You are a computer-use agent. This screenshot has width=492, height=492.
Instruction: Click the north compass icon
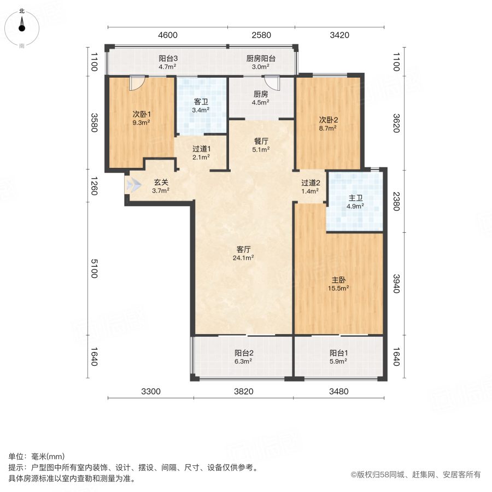pyautogui.click(x=22, y=26)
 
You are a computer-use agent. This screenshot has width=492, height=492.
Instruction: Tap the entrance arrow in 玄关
pyautogui.click(x=133, y=186)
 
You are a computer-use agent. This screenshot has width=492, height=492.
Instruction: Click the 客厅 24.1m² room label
pyautogui.click(x=244, y=253)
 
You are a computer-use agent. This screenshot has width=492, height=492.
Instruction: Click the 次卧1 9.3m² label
pyautogui.click(x=141, y=118)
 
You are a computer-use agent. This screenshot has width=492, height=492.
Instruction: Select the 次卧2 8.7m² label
pyautogui.click(x=327, y=124)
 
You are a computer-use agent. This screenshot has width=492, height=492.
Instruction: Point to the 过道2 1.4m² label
pyautogui.click(x=310, y=187)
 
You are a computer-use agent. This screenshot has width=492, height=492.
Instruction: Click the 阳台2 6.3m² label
pyautogui.click(x=243, y=356)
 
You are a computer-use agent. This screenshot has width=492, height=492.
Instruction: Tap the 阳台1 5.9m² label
pyautogui.click(x=338, y=356)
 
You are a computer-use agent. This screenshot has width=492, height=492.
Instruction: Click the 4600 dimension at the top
pyautogui.click(x=168, y=36)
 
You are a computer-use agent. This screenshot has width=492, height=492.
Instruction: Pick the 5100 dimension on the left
pyautogui.click(x=93, y=269)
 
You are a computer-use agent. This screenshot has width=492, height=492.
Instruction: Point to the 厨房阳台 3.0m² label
pyautogui.click(x=261, y=62)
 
